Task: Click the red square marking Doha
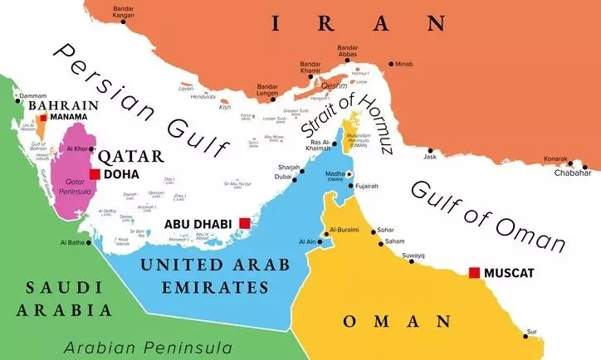[x=95, y=174]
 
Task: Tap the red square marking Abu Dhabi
[x=244, y=222]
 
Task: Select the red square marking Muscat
[x=474, y=273]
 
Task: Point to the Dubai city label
[x=284, y=177]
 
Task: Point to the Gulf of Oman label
[x=488, y=216]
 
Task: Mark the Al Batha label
[x=72, y=242]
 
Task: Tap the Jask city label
[x=429, y=156]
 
